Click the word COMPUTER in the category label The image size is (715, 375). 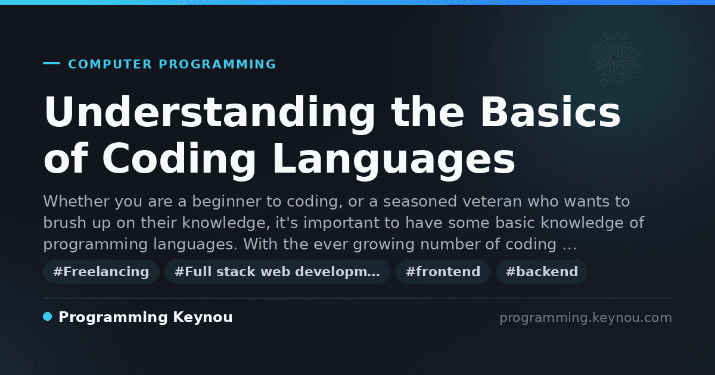pos(110,64)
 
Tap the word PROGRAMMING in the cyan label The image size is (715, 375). pos(217,64)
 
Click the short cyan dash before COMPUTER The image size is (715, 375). pos(51,63)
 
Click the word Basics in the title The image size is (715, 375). pos(551,112)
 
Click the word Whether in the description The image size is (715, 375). pos(76,202)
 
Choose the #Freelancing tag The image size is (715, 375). pos(101,271)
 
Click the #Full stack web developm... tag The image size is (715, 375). pos(277,271)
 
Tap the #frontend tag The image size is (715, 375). pos(443,271)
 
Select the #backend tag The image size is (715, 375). pos(542,271)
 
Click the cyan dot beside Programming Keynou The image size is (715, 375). pos(47,317)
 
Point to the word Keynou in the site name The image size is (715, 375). pos(203,318)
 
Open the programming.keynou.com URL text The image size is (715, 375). pos(586,318)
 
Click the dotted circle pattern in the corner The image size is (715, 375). pos(616,60)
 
